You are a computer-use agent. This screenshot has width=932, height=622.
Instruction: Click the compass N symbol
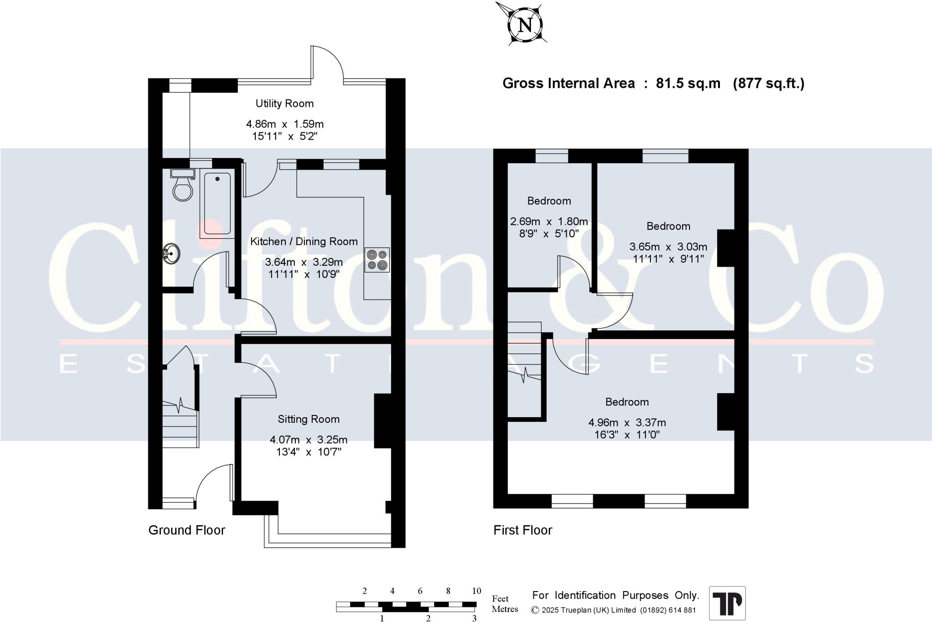click(526, 25)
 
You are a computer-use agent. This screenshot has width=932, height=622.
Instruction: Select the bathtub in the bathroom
click(217, 204)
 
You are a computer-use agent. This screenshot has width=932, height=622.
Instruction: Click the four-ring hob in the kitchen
click(377, 260)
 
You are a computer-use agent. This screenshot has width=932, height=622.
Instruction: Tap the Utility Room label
click(284, 104)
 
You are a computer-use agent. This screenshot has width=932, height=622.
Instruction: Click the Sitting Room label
click(309, 419)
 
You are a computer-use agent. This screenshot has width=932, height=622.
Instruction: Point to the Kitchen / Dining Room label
click(304, 242)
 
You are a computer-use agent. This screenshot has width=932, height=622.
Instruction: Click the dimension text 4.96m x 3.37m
click(627, 423)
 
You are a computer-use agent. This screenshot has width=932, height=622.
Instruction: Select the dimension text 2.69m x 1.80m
click(549, 222)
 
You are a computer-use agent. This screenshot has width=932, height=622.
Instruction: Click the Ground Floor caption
click(187, 530)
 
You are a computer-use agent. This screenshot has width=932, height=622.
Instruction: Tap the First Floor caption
click(523, 530)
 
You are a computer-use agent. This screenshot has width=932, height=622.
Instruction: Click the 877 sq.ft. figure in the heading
click(769, 83)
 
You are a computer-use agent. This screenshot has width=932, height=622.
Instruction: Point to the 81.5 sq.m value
click(688, 83)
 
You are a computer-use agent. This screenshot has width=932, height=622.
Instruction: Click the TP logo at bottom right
click(727, 603)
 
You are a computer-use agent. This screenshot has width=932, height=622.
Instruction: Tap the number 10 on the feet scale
click(476, 591)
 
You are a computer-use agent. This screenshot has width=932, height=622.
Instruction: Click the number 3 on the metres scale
click(474, 618)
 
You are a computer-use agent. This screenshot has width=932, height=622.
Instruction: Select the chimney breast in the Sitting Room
click(383, 421)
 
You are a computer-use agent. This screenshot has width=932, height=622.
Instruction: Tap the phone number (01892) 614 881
click(668, 610)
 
